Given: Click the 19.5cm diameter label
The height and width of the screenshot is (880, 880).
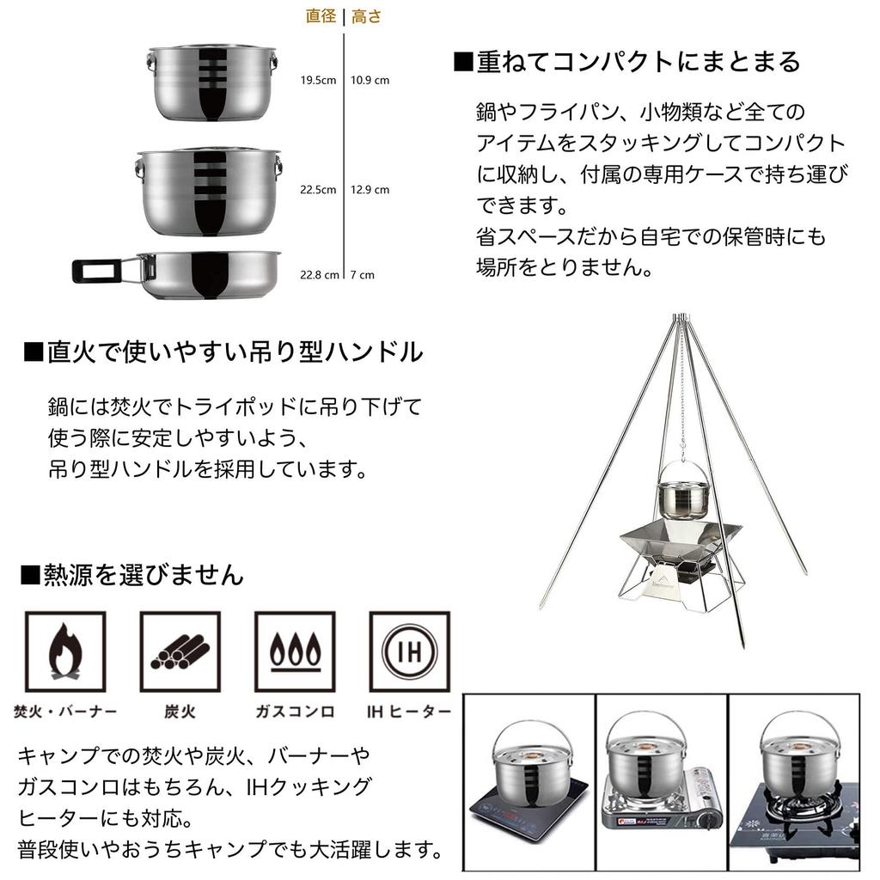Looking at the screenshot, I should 317,81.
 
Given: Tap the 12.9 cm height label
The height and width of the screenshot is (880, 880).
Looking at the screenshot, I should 370,190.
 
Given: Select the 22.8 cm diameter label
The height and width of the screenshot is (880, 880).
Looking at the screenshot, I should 319,276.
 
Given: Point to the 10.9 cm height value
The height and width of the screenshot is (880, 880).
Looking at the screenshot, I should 370,81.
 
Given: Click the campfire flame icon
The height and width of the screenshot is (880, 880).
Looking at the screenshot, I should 64,652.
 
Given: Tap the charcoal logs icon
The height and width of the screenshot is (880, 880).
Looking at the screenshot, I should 180,652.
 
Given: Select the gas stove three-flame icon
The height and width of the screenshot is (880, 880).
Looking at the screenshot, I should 295,652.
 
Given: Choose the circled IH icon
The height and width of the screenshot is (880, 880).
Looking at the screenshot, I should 409,652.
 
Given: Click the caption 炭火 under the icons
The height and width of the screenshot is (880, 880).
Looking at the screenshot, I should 180,712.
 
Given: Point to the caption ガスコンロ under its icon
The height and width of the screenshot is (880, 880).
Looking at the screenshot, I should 295,712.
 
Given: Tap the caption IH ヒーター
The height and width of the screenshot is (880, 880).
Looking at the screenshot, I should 408,712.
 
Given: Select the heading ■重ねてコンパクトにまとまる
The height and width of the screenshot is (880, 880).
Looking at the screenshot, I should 626,62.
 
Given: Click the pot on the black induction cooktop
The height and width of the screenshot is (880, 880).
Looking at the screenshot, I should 525,765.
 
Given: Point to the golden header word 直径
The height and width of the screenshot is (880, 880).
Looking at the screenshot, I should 321,16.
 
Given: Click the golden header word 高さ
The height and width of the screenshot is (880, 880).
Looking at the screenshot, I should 366,16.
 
